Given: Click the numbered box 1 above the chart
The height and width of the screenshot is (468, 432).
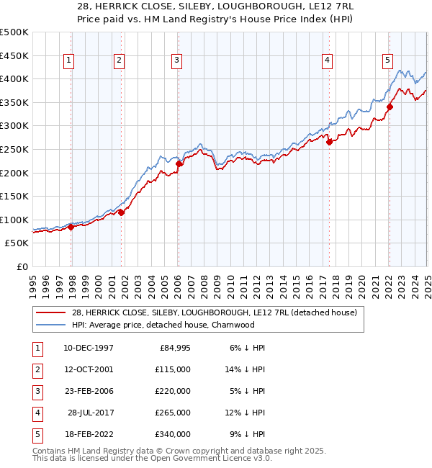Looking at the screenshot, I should (x=68, y=61).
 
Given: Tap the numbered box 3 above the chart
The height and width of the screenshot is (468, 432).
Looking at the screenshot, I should (x=176, y=61).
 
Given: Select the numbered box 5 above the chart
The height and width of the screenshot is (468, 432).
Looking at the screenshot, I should (x=387, y=61).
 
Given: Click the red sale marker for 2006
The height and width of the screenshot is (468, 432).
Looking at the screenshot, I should (x=179, y=163).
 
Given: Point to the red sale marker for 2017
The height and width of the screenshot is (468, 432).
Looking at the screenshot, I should (x=329, y=142).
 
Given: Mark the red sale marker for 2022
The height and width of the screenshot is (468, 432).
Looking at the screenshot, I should (x=390, y=107).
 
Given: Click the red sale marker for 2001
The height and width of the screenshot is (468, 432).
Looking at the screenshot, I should (x=122, y=212).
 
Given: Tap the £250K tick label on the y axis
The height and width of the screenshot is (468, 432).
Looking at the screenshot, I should (x=14, y=149).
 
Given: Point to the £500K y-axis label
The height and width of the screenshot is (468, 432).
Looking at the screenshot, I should (x=14, y=32).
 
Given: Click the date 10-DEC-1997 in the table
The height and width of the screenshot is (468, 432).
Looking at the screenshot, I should (x=89, y=348).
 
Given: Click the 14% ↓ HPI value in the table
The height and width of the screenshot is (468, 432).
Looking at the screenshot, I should (x=246, y=369).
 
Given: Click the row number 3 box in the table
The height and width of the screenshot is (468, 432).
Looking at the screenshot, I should (x=37, y=391).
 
